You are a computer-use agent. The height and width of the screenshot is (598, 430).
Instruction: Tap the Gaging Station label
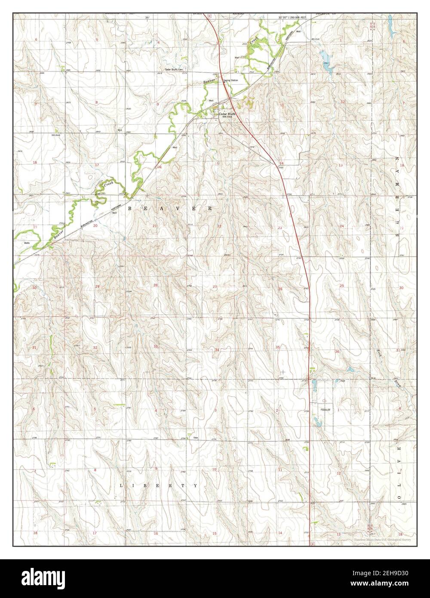[230, 80]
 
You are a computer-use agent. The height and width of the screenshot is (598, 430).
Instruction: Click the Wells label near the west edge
[27, 243]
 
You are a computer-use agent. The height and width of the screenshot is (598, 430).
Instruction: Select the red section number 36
[337, 352]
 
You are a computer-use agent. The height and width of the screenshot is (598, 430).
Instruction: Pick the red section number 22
[219, 226]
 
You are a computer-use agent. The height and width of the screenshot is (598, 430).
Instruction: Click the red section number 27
[215, 287]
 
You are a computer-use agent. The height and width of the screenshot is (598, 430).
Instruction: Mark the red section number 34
[217, 350]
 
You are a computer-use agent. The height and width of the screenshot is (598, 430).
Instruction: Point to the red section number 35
[278, 347]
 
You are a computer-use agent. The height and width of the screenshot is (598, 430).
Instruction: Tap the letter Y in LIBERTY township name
[195, 485]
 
